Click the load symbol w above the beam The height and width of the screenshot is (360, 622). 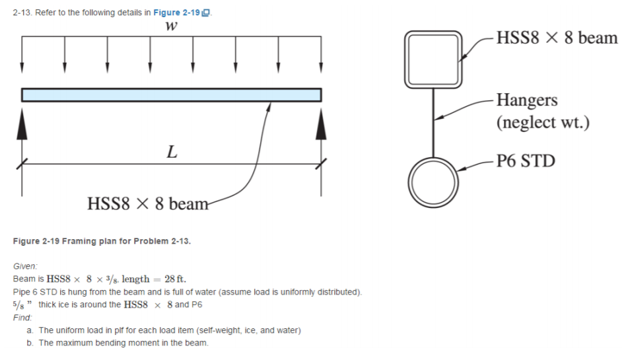172,26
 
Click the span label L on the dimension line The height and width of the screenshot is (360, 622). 172,153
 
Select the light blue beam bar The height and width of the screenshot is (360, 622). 172,95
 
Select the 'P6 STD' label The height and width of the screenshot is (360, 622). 526,161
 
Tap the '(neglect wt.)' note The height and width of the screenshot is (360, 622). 542,122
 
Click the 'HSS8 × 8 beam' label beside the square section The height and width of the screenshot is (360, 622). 557,37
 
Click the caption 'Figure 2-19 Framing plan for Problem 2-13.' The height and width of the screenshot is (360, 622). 102,241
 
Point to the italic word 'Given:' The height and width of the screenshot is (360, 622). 26,266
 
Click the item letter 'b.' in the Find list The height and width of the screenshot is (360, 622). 30,343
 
